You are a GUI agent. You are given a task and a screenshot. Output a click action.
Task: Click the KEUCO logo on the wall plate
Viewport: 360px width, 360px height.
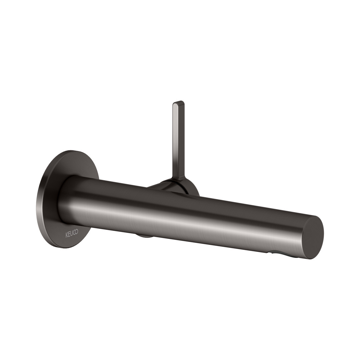(x=72, y=232)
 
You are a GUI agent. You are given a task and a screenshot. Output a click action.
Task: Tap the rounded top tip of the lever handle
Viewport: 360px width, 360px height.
(x=178, y=102)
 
